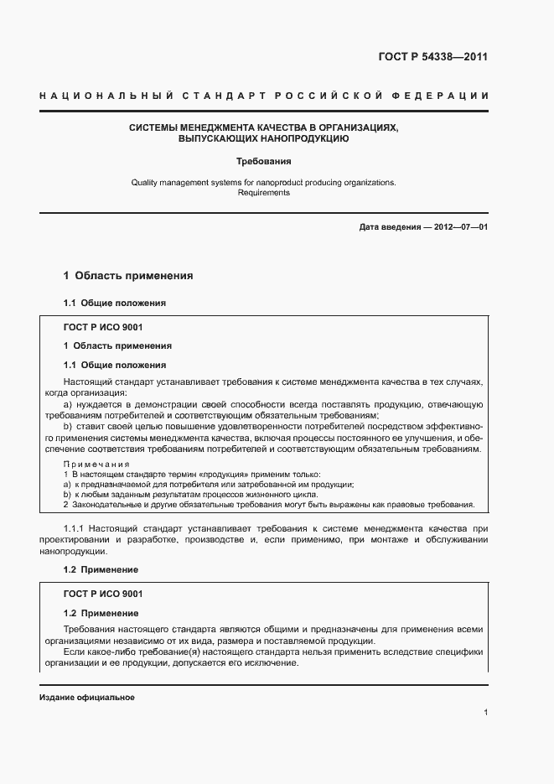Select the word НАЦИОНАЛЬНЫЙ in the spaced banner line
click(x=100, y=96)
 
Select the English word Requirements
click(x=263, y=193)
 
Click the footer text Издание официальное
click(x=87, y=698)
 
